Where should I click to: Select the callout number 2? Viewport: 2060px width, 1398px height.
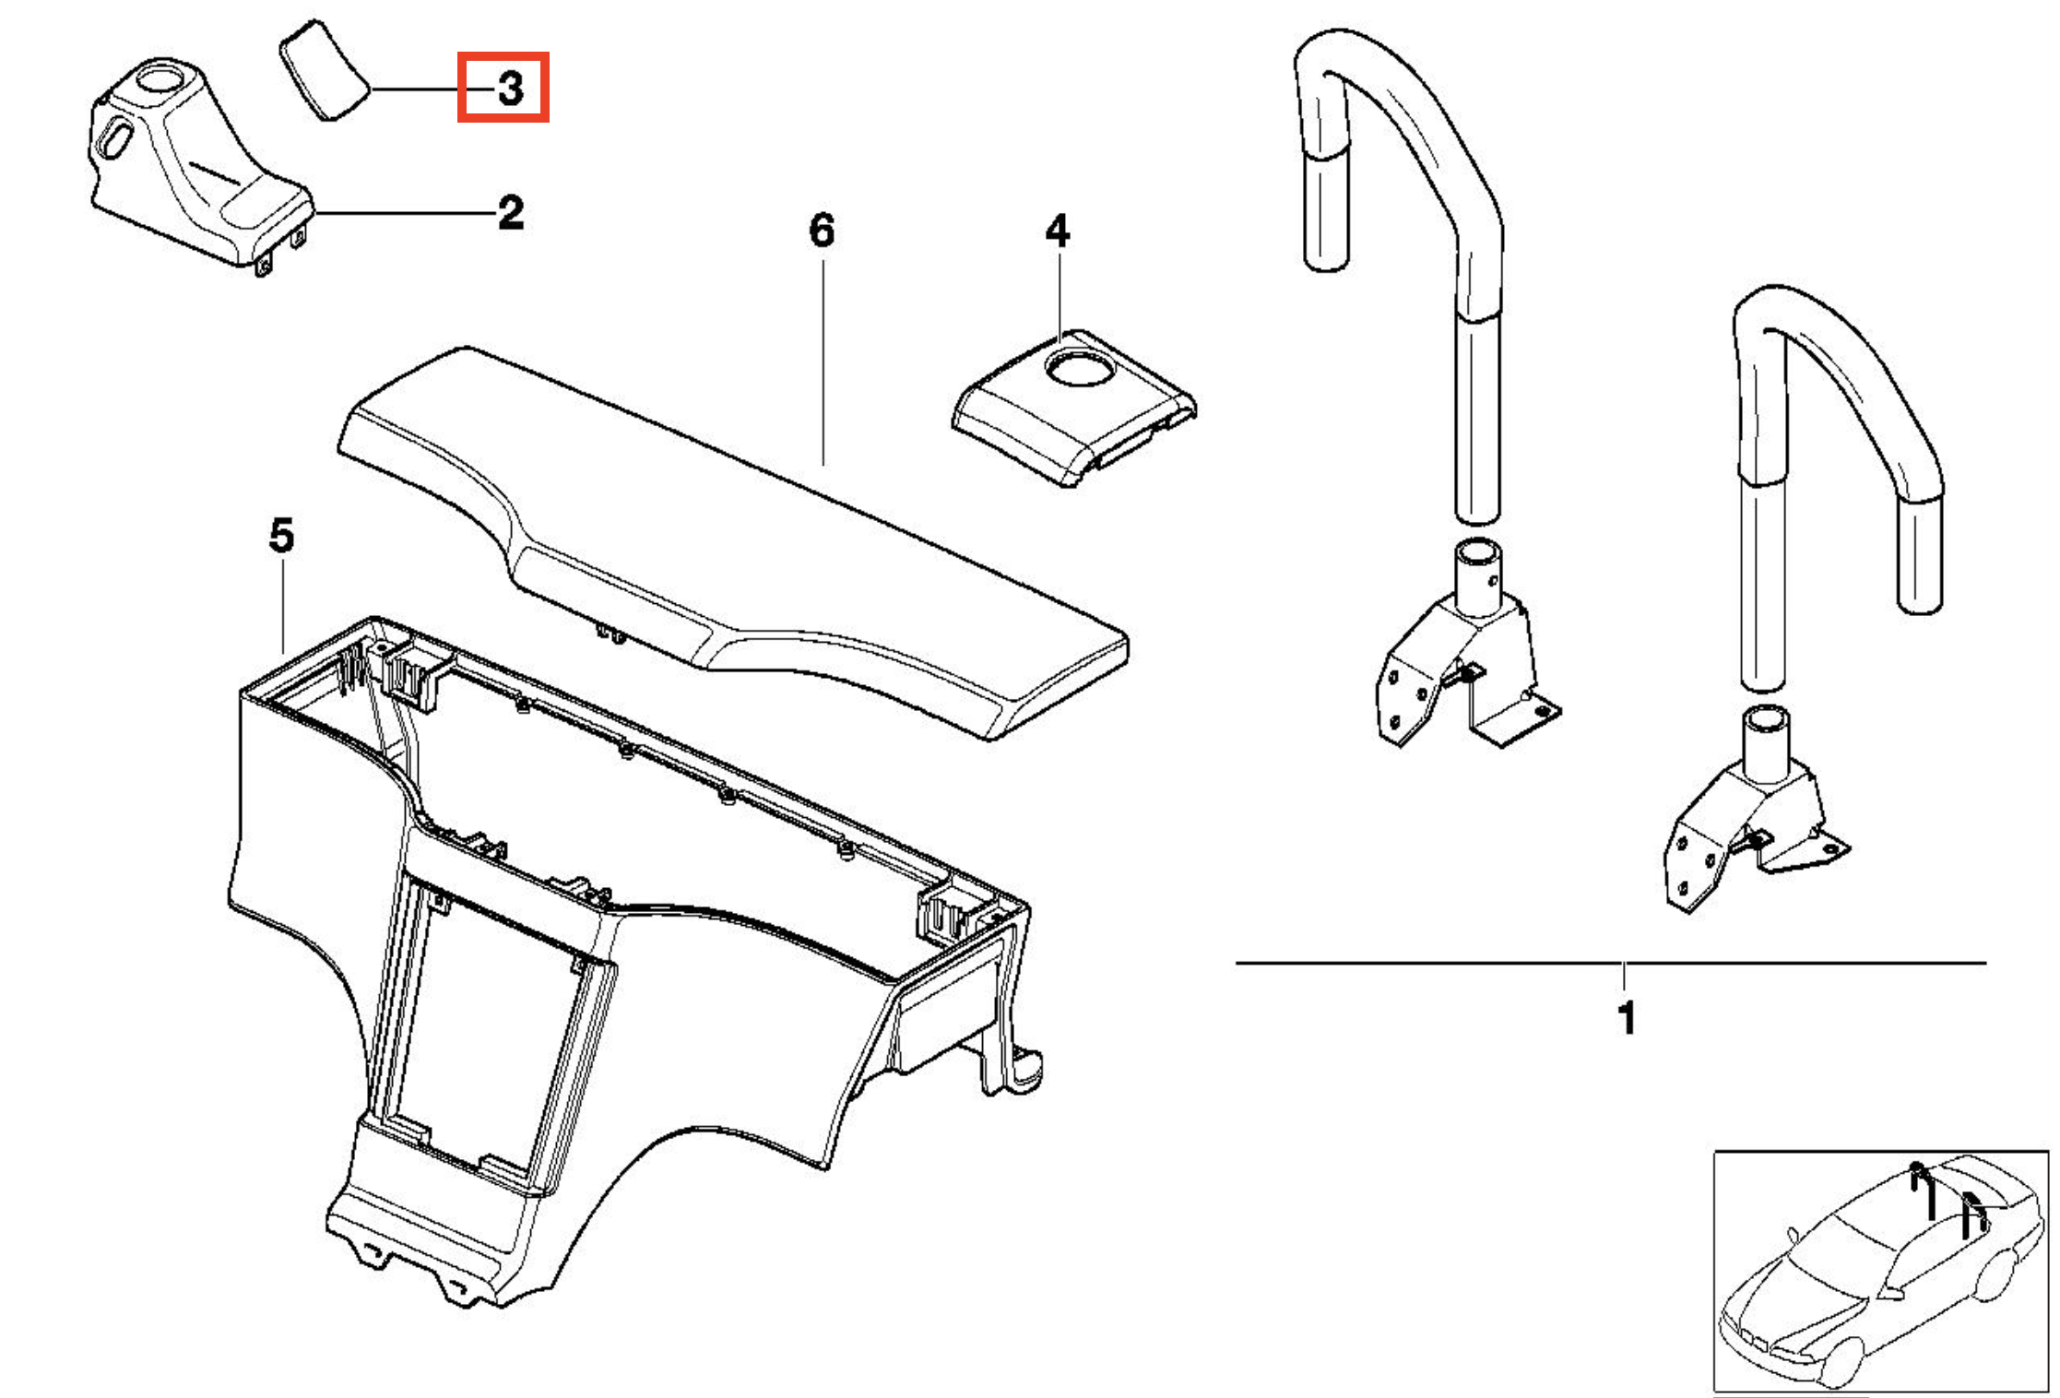[511, 213]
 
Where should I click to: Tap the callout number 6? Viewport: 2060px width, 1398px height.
[822, 231]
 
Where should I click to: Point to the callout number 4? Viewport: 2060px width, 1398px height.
[1057, 231]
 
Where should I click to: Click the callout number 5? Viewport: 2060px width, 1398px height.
[281, 536]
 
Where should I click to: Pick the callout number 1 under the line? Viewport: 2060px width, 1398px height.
[1627, 1018]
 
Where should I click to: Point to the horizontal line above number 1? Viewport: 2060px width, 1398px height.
[1610, 963]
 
